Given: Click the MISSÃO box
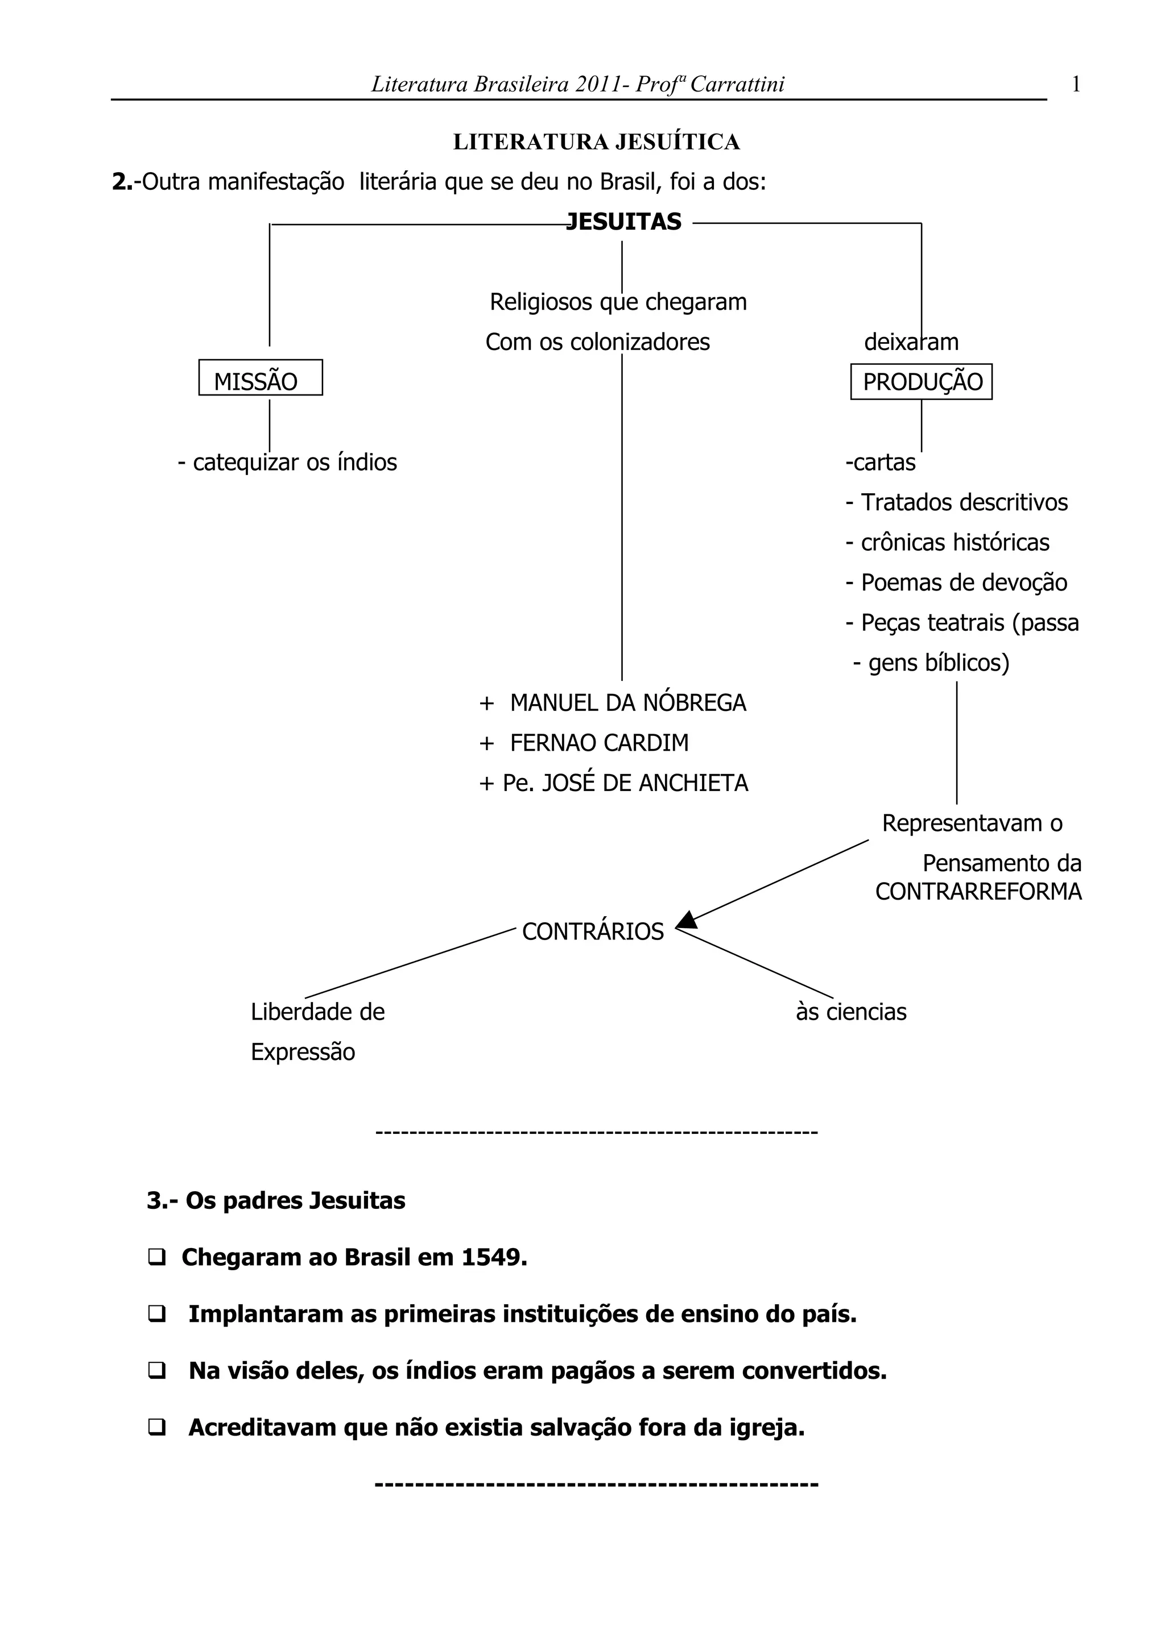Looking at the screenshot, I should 260,378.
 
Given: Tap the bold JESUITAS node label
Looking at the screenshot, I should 624,222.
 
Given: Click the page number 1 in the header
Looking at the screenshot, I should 1075,85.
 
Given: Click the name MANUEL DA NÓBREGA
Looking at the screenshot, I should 627,703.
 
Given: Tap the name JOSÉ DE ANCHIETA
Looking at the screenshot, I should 644,783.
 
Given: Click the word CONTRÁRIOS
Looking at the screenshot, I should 592,932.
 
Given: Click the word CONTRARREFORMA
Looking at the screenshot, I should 978,892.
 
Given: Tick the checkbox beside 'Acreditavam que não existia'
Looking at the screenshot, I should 156,1428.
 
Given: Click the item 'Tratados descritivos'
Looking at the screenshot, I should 964,503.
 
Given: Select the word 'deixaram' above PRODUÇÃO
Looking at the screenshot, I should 911,342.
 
